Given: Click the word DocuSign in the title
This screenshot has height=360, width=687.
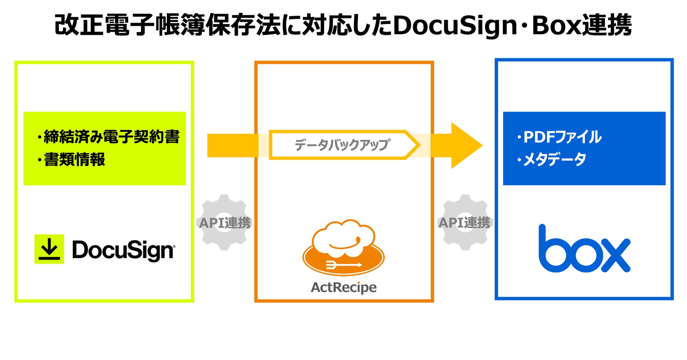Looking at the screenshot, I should pos(454,25).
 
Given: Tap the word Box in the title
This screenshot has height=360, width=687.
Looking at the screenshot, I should pos(556,25).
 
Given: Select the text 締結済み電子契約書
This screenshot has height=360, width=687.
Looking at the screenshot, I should pos(111,137).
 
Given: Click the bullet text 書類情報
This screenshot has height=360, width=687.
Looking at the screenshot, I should pos(74,160).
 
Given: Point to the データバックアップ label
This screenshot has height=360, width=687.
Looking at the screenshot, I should pos(342,145).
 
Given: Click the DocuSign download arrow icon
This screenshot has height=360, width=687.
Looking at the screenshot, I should pos(49,249).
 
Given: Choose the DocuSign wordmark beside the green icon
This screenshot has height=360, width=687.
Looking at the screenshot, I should pos(123,250).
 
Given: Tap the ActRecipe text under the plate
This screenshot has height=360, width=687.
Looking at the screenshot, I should pos(343,287).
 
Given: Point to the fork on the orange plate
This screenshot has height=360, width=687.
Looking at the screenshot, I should pos(343,265).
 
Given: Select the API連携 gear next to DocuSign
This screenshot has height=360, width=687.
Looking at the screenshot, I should pos(224,223).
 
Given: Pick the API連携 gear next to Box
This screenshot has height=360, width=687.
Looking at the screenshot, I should pos(465,223).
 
